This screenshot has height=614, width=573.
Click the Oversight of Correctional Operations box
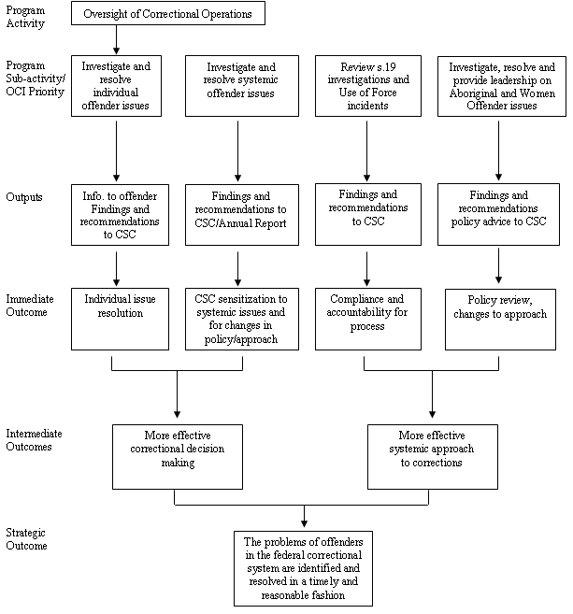[168, 15]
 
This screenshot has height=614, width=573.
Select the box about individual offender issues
[116, 87]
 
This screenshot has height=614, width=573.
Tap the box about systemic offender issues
[240, 87]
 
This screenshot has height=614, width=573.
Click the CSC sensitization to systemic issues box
[241, 319]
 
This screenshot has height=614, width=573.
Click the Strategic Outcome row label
[27, 538]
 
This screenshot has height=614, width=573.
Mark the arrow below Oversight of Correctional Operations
[116, 39]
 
